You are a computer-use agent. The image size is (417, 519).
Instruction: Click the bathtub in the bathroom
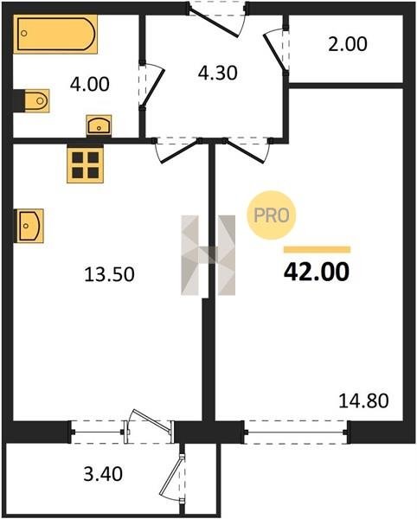pos(55,34)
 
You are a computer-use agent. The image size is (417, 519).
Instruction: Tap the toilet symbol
pos(36,100)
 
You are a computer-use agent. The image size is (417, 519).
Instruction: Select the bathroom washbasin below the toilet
pos(99,125)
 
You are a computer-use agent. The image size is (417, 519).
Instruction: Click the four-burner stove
pos(85,165)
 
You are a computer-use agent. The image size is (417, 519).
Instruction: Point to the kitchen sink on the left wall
pos(30,226)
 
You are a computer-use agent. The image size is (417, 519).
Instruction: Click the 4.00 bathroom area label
pos(89,85)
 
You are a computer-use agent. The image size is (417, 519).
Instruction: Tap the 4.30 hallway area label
pos(217,74)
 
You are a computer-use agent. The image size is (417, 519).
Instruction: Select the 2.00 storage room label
pos(348,44)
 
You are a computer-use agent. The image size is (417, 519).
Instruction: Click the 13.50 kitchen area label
pos(109,275)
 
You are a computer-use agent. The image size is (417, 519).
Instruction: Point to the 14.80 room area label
pos(363,400)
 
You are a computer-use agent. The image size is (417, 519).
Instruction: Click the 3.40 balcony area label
pos(103,474)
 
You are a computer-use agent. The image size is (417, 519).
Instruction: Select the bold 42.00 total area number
pos(317,272)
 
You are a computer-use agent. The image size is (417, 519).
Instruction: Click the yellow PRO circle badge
pos(272,215)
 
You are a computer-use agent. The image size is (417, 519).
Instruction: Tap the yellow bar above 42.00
pos(317,250)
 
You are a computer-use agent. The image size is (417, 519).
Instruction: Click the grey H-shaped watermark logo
pos(208,255)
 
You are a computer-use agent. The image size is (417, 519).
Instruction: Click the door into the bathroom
pos(151,86)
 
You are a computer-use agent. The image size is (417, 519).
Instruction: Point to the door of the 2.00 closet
pos(276,51)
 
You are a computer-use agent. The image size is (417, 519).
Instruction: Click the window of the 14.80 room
pos(296,432)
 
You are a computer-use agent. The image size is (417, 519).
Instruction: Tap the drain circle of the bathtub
pos(24,33)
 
